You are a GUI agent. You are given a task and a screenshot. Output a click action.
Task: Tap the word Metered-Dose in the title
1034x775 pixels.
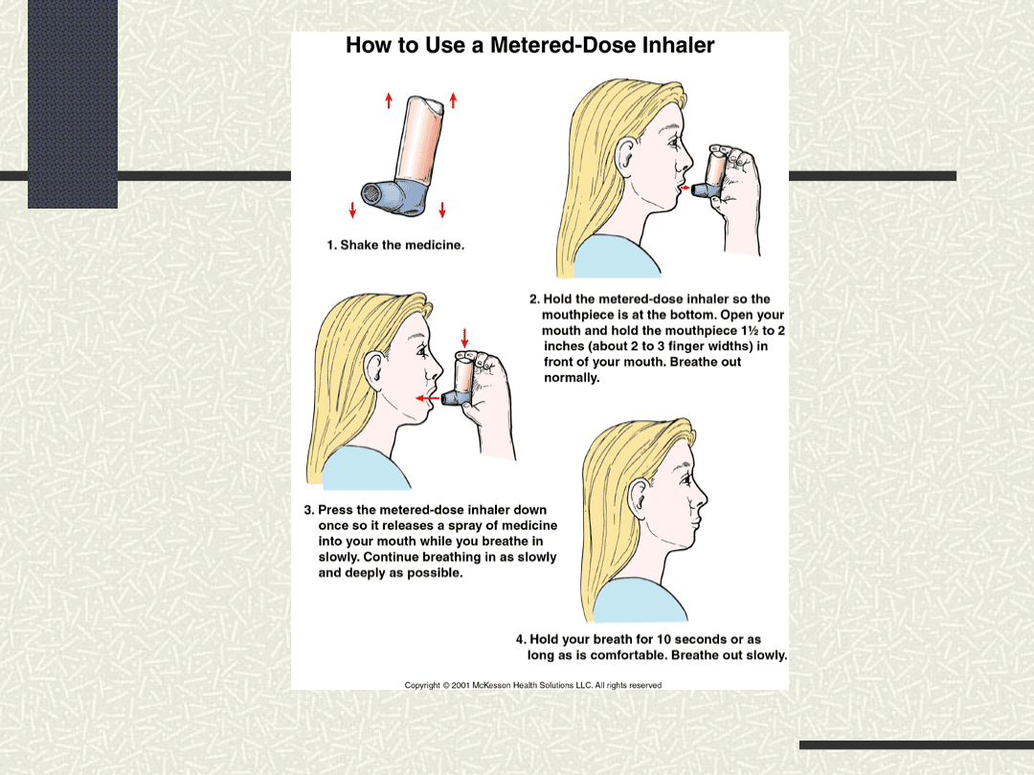[x=563, y=46]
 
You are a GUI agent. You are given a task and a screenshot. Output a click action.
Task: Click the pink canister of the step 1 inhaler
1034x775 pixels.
[x=420, y=140]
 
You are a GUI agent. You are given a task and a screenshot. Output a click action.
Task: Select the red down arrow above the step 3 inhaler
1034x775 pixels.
[x=465, y=338]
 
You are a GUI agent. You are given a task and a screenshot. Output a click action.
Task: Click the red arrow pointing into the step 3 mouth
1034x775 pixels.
[x=427, y=398]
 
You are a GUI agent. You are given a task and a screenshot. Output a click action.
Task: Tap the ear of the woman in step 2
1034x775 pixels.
[x=625, y=156]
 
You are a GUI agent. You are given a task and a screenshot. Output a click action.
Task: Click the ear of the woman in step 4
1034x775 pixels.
[x=639, y=498]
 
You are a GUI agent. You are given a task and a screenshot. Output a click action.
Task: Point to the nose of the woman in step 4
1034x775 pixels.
[x=701, y=497]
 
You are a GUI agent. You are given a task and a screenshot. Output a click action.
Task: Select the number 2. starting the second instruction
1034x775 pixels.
[x=535, y=299]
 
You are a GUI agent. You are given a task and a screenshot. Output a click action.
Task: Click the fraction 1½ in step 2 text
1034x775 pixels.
[x=750, y=330]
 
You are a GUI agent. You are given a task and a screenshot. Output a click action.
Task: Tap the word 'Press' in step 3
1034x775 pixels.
[x=334, y=510]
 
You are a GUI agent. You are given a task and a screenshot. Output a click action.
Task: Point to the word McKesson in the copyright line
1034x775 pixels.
[x=491, y=685]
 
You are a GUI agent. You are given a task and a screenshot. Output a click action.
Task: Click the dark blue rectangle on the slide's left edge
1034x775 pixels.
[x=73, y=104]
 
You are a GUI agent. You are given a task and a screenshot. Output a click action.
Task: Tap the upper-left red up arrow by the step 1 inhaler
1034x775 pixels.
[x=389, y=100]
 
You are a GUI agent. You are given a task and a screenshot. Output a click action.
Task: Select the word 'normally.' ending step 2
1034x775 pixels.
[x=572, y=378]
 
